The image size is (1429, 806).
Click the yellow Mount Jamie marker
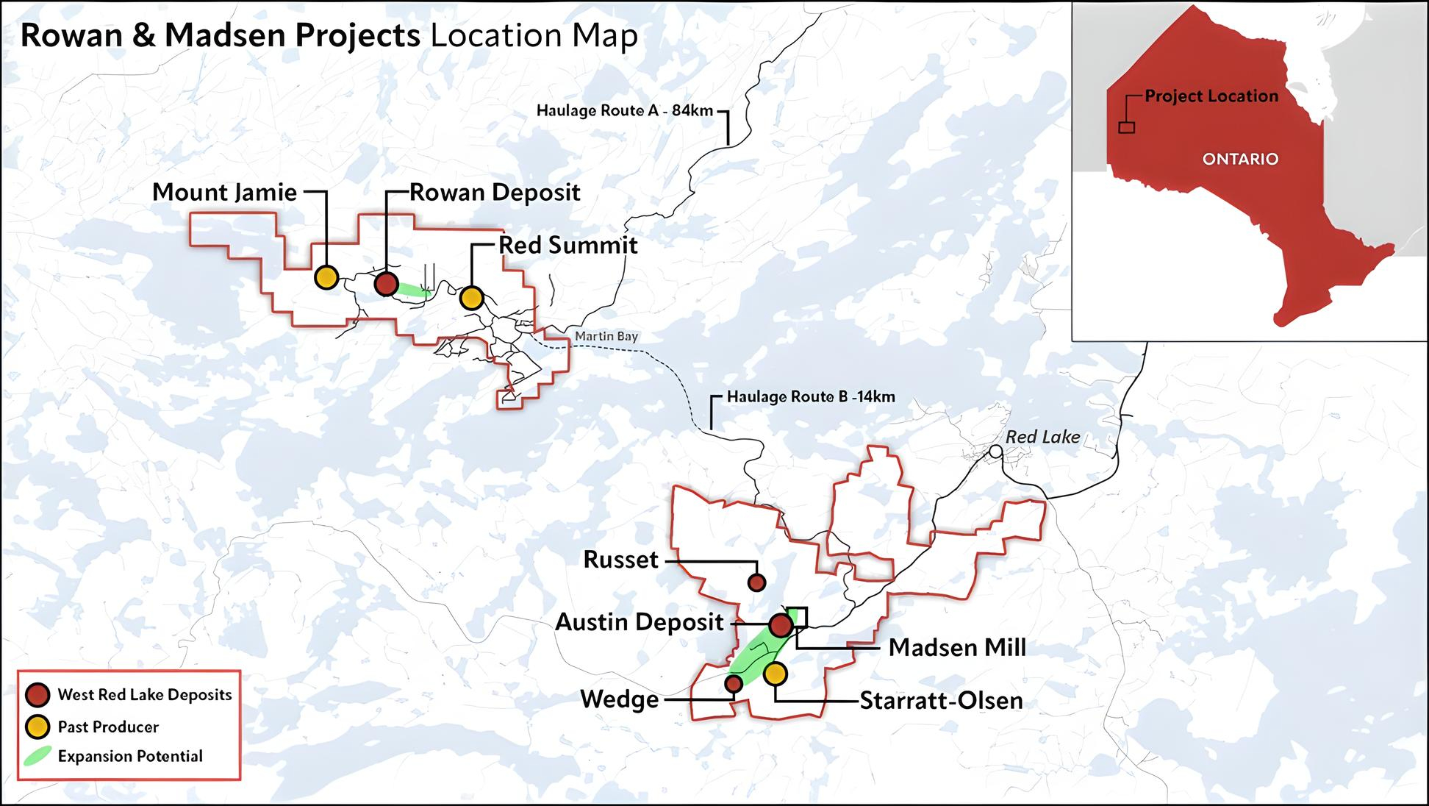click(326, 277)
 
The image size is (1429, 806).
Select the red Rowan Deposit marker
click(386, 284)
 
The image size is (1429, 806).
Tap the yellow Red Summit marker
click(471, 298)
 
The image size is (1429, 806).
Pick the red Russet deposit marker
click(756, 583)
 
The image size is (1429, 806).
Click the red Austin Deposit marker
click(781, 626)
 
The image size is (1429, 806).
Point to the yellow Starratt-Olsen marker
click(775, 674)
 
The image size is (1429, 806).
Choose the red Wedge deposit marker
click(733, 685)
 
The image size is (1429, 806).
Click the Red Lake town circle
click(995, 452)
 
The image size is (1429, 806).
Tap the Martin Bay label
click(606, 336)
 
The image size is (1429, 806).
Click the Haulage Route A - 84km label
click(624, 111)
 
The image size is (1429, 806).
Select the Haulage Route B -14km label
click(811, 397)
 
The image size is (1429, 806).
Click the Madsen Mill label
click(956, 648)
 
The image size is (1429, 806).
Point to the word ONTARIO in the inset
click(1239, 159)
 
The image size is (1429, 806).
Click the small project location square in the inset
click(1126, 127)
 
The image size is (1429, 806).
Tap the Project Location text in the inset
click(1211, 96)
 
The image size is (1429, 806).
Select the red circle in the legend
click(37, 695)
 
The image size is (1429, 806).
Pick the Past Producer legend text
click(108, 727)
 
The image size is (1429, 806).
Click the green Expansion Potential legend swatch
click(37, 756)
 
